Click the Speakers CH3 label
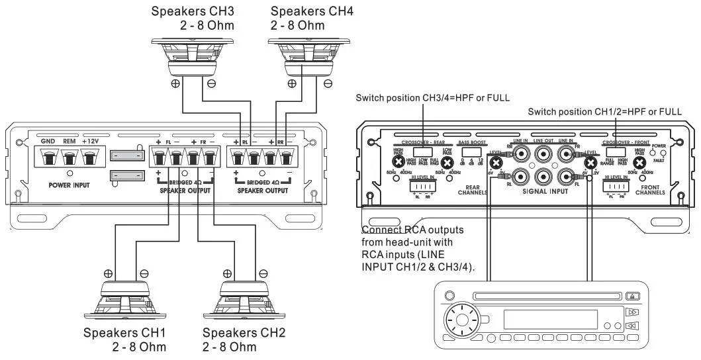192,19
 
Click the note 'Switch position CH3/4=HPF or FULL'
433,98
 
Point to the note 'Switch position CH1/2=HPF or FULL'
604,112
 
